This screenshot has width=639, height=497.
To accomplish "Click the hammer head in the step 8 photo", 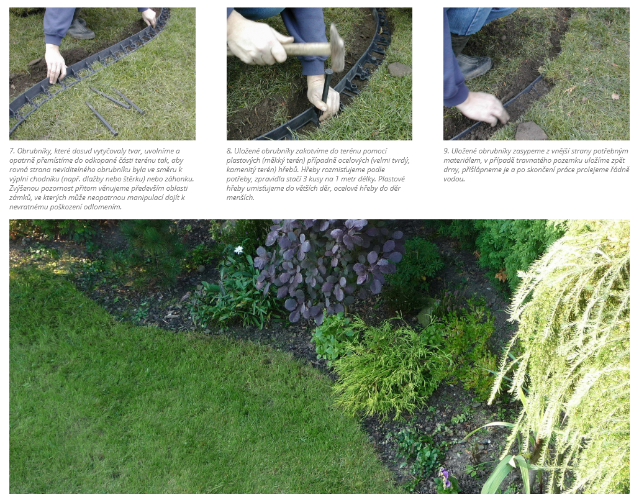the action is [337, 47].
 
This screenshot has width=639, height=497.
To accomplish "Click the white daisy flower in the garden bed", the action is [239, 250].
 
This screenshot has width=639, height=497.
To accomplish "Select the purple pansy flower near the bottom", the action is [445, 474].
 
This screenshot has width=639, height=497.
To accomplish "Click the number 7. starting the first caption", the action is [12, 151].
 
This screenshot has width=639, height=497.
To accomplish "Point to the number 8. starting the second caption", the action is [229, 151].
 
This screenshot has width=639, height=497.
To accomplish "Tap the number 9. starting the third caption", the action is [446, 151].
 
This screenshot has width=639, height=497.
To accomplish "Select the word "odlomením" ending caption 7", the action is [104, 207].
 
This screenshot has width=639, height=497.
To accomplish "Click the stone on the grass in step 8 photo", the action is [399, 70].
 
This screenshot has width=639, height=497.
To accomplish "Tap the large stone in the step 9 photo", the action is [530, 131].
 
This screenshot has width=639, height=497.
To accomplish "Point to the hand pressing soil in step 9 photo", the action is [484, 109].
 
